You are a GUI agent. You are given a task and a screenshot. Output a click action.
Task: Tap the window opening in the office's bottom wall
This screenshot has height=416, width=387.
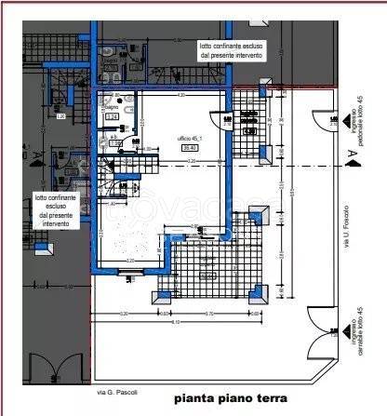click(125, 271)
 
